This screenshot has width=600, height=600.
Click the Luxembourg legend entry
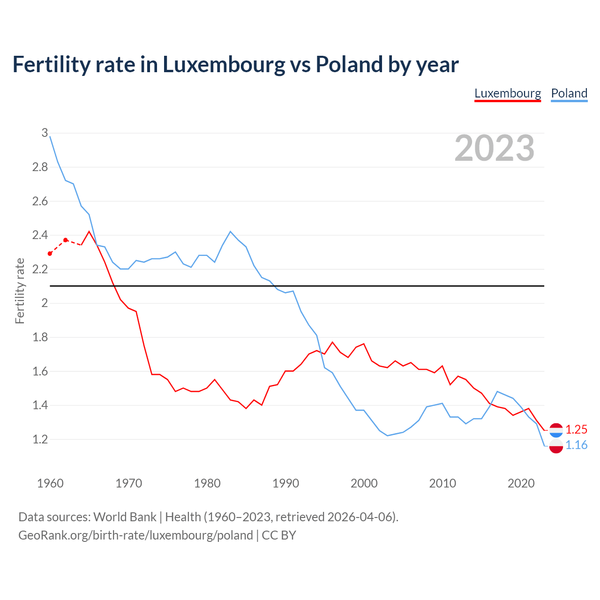(508, 93)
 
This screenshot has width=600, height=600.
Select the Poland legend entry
(569, 93)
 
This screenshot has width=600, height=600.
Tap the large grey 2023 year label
(495, 148)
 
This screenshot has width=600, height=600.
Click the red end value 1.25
(576, 429)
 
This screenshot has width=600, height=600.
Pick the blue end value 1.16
(576, 445)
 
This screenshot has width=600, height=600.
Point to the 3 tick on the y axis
(45, 133)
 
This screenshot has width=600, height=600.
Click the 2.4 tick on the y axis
(40, 235)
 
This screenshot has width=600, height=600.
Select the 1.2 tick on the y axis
(40, 439)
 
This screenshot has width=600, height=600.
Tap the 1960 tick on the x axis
(50, 483)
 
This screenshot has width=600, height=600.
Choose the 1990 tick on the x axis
(285, 483)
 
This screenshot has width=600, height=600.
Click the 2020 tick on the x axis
(521, 483)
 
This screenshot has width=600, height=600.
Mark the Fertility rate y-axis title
(20, 291)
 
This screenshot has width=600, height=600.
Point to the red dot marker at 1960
(50, 254)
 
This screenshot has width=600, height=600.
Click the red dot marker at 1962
(66, 240)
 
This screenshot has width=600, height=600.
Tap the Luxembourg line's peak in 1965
(89, 232)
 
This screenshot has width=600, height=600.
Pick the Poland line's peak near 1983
(230, 232)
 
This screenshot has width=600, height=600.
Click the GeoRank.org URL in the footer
(135, 535)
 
